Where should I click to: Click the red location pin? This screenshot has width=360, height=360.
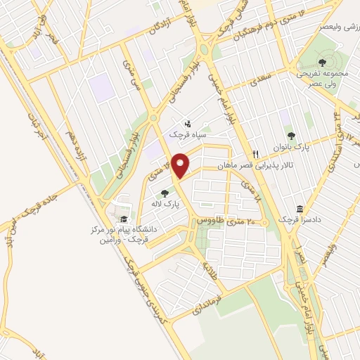(x=181, y=165)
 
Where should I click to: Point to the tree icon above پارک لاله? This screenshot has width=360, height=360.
(x=165, y=193)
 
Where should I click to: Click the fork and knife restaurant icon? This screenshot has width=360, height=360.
(x=256, y=153)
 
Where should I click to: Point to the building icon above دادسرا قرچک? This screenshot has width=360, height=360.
(x=300, y=209)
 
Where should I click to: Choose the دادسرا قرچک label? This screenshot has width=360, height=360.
(x=301, y=220)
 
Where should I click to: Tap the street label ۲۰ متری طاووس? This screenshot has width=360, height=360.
(x=215, y=221)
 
